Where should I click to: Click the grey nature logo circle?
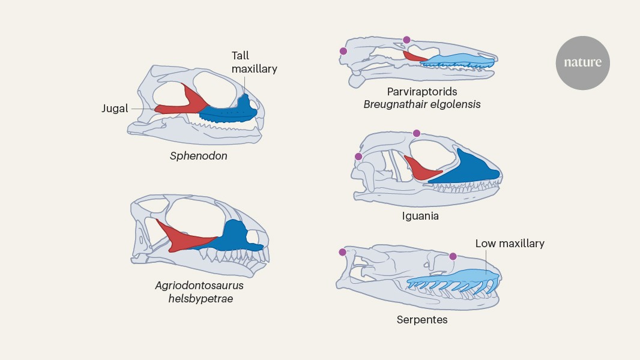point(582,62)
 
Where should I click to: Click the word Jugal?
point(115,109)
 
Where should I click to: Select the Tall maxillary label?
point(254,62)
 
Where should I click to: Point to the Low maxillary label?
point(510,244)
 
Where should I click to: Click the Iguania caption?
point(420,215)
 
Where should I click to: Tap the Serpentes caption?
point(422,320)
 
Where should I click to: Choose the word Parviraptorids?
point(422,92)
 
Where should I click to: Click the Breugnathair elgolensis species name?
point(422,104)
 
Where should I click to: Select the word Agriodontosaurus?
point(199,286)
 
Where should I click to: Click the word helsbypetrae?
point(199,298)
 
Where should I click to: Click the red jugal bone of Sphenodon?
point(180,106)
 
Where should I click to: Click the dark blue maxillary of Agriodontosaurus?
point(237,237)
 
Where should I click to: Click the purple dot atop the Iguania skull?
point(417,133)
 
